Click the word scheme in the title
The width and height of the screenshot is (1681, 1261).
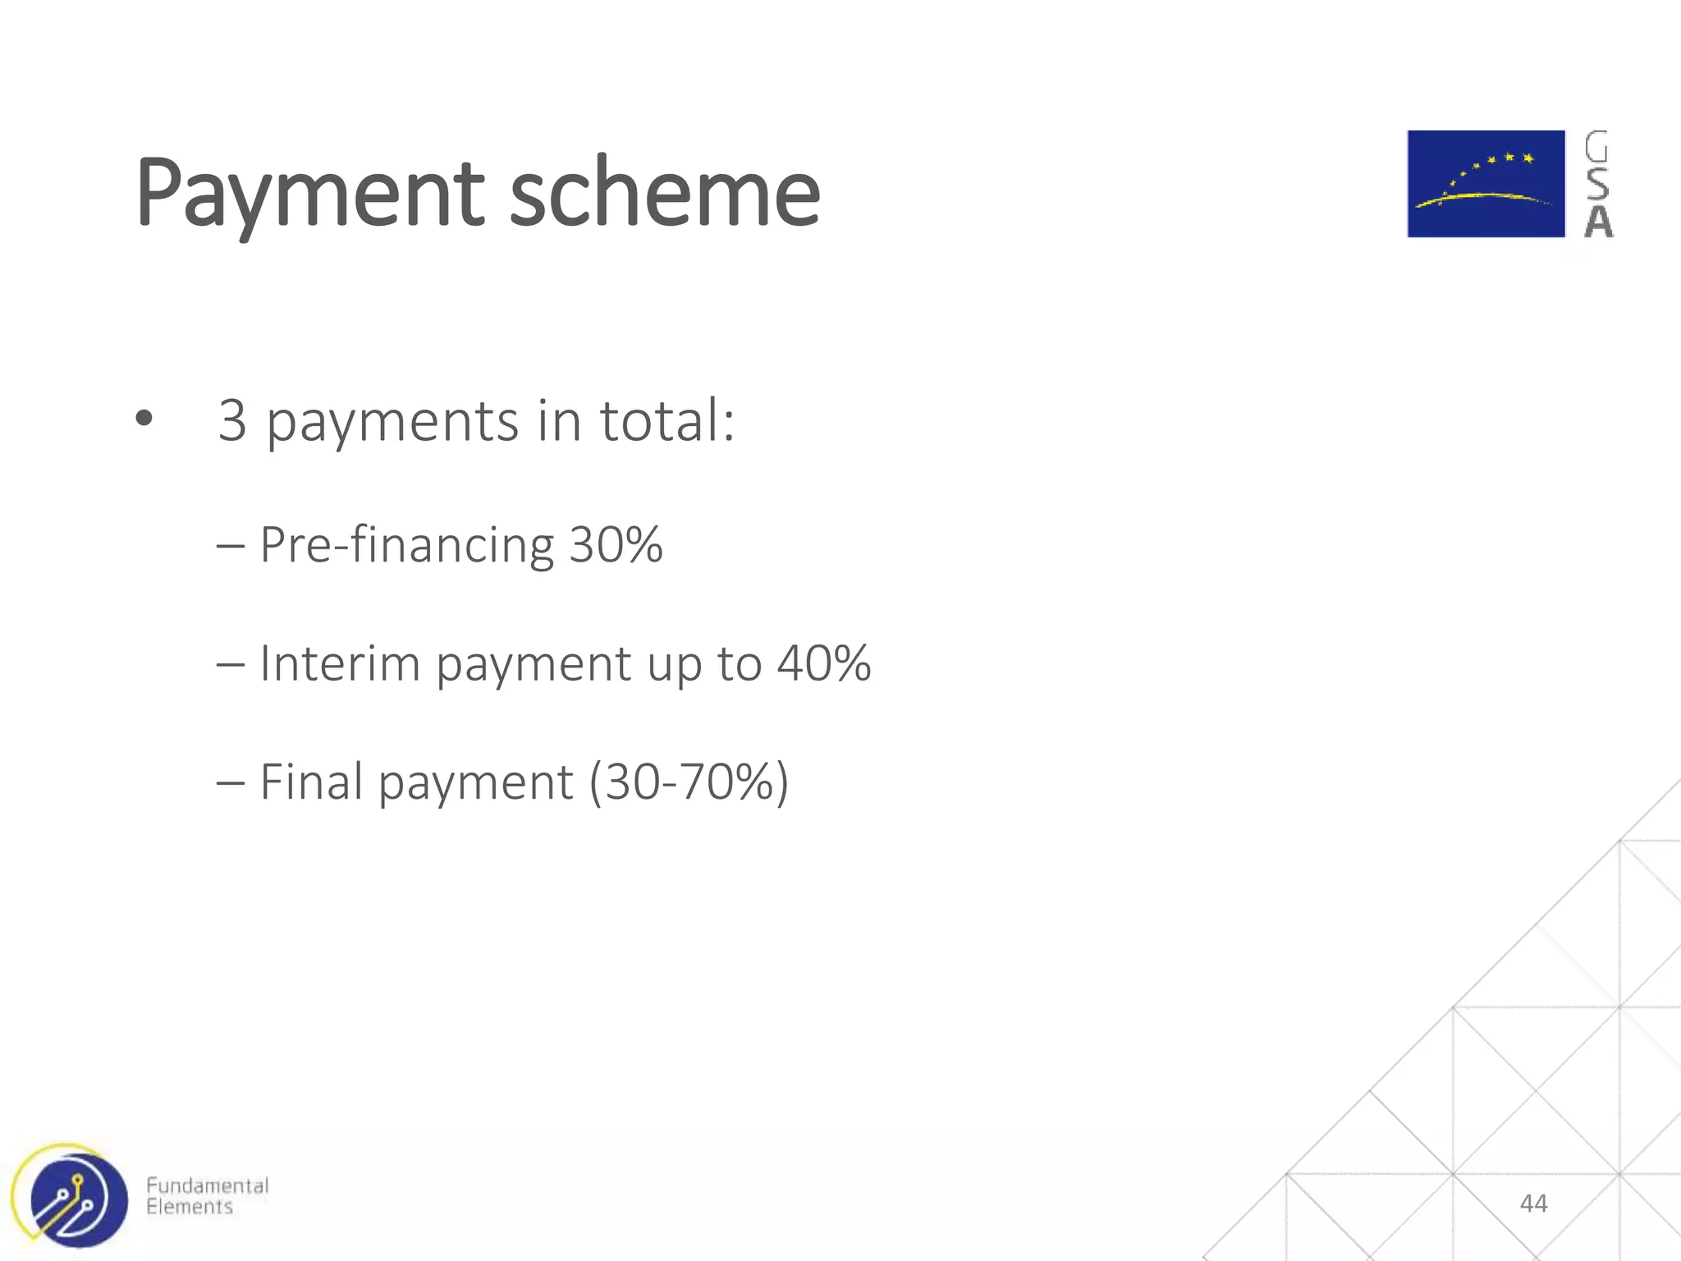pyautogui.click(x=664, y=194)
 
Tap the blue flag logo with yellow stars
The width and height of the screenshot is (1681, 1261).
pyautogui.click(x=1486, y=184)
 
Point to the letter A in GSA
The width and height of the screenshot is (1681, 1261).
pyautogui.click(x=1598, y=222)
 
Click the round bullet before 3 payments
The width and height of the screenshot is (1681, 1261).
pyautogui.click(x=144, y=420)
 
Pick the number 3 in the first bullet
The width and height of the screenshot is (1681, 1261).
pyautogui.click(x=232, y=421)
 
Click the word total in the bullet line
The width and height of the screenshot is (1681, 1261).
pyautogui.click(x=666, y=421)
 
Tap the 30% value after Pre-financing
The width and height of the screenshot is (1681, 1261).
pyautogui.click(x=616, y=545)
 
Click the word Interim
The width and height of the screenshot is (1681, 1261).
pyautogui.click(x=339, y=663)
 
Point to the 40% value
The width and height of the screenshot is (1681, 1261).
pyautogui.click(x=823, y=663)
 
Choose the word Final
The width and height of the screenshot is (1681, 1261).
pyautogui.click(x=311, y=782)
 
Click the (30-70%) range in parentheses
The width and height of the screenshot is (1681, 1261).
pyautogui.click(x=689, y=782)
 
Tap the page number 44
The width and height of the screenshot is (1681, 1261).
pyautogui.click(x=1533, y=1204)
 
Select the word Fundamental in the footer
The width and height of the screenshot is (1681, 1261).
pyautogui.click(x=207, y=1185)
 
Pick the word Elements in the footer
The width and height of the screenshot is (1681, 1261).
pyautogui.click(x=190, y=1207)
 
